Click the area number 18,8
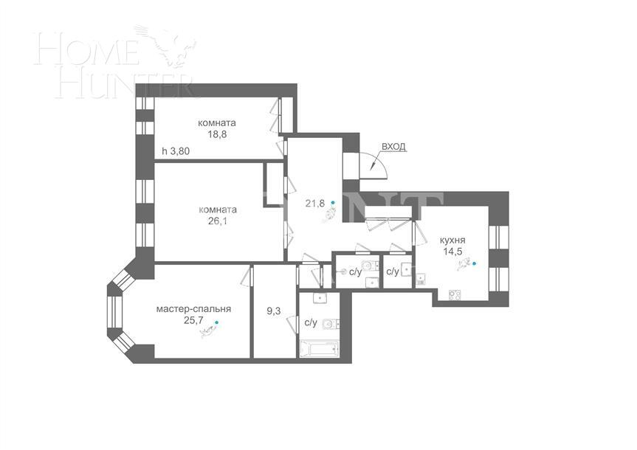click(216, 135)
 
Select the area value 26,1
click(216, 221)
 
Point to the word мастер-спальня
click(193, 309)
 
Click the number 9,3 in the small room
click(273, 311)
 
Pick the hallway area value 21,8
click(315, 203)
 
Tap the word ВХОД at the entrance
click(394, 148)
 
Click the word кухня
click(452, 240)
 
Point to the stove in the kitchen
click(455, 295)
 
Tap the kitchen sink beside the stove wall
click(421, 279)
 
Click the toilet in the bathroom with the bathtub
click(331, 322)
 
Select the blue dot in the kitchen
click(474, 263)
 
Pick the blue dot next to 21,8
click(333, 201)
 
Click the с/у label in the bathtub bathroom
click(311, 322)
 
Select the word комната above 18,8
click(216, 123)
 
